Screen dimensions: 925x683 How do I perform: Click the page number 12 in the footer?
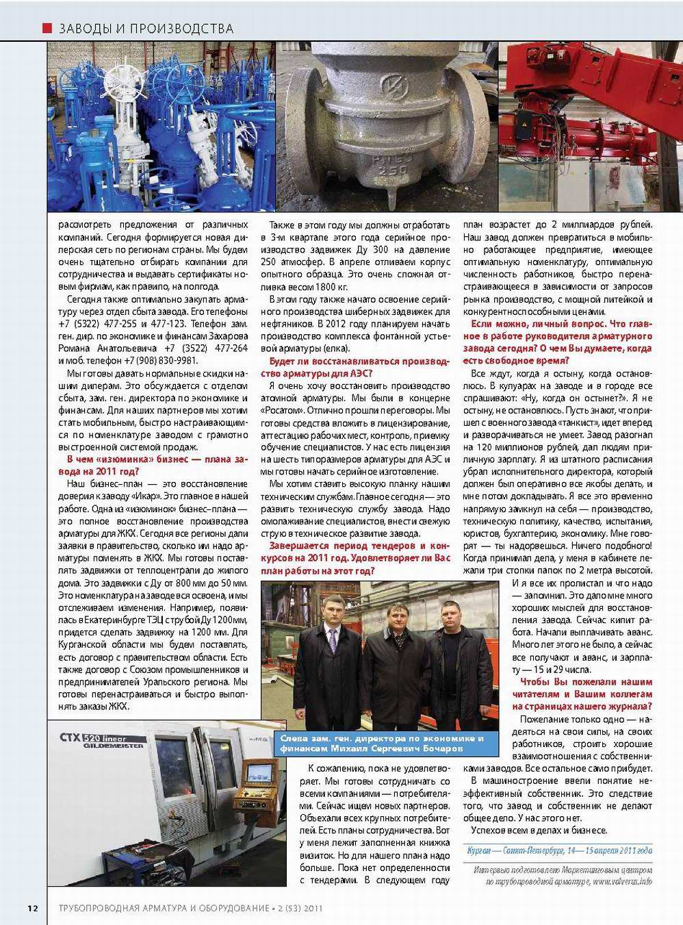(x=32, y=908)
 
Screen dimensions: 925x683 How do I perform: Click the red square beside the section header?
(x=47, y=28)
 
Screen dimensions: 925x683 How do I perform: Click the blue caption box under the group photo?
(x=382, y=743)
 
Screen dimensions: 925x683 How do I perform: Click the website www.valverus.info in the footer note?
(x=622, y=881)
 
